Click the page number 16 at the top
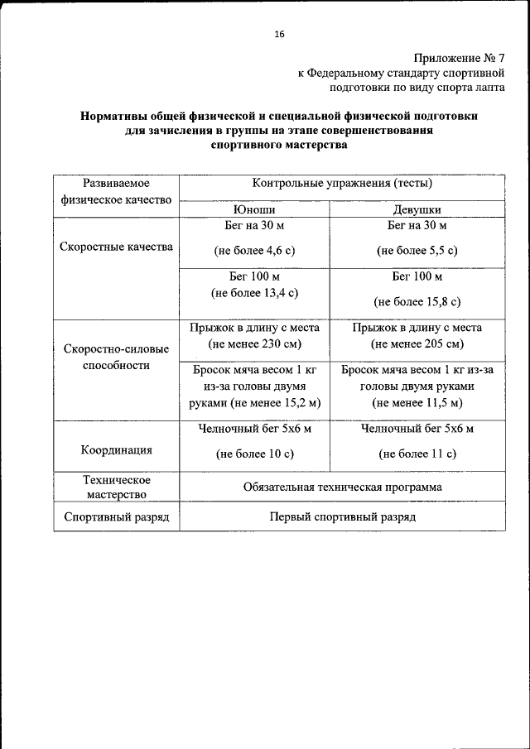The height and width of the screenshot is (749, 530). pyautogui.click(x=278, y=34)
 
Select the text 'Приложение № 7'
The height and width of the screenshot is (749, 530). pyautogui.click(x=458, y=58)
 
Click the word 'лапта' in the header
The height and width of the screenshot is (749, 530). pyautogui.click(x=488, y=86)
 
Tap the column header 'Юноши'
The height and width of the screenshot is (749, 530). pyautogui.click(x=254, y=210)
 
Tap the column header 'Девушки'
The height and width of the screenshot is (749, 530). pyautogui.click(x=417, y=210)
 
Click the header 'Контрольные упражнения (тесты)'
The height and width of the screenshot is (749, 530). pyautogui.click(x=342, y=184)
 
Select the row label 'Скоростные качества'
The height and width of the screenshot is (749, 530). pyautogui.click(x=116, y=247)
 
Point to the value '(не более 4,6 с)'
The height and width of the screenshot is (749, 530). pyautogui.click(x=254, y=249)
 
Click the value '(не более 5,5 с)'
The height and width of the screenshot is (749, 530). pyautogui.click(x=417, y=249)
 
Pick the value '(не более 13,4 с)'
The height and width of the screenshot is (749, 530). pyautogui.click(x=254, y=292)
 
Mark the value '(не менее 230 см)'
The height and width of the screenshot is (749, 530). pyautogui.click(x=254, y=343)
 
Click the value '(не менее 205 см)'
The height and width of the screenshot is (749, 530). pyautogui.click(x=417, y=343)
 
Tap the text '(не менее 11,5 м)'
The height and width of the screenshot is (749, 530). pyautogui.click(x=417, y=402)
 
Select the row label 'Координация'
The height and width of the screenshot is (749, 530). pyautogui.click(x=116, y=450)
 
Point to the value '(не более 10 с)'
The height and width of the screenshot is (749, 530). pyautogui.click(x=254, y=454)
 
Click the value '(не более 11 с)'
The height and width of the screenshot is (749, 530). pyautogui.click(x=417, y=454)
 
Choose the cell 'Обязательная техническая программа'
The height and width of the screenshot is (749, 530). pyautogui.click(x=342, y=487)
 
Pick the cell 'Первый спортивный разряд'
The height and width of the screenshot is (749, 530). pyautogui.click(x=342, y=516)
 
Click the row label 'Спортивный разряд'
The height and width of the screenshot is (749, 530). pyautogui.click(x=116, y=517)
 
